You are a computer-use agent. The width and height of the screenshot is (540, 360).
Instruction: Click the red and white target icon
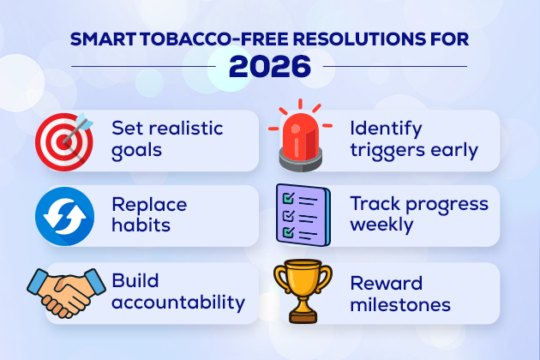[63, 139]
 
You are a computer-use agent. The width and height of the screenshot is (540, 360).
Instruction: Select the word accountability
[178, 303]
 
